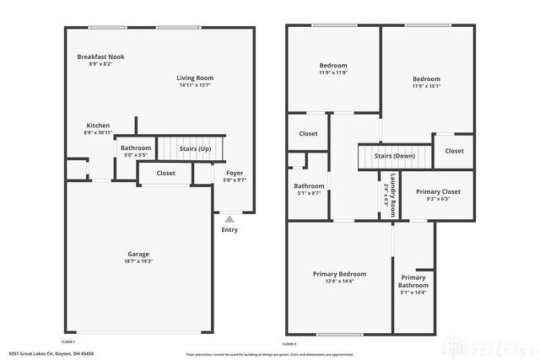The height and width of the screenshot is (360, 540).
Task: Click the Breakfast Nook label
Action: coord(94,57)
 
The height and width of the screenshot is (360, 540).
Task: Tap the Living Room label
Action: coord(195,78)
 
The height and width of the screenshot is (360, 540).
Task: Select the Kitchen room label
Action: coord(98,126)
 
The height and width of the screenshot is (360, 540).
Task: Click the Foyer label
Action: coord(234,173)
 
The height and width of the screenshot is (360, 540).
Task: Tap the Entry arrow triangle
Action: coord(229,219)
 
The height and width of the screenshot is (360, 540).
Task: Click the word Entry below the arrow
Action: coord(229,229)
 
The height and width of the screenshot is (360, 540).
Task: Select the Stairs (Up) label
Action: coord(195,149)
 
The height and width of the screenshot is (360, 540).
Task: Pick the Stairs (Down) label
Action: coord(394,156)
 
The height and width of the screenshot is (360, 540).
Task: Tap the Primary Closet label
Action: coord(438,191)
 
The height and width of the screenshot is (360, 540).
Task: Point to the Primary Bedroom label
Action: coord(339,274)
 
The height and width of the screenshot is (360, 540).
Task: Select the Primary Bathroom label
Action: coord(413,282)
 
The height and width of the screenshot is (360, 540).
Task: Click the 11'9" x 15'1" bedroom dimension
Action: coord(426,86)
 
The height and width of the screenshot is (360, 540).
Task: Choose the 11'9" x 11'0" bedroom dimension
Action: coord(332,73)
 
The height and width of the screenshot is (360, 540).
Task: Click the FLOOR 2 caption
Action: coord(289,344)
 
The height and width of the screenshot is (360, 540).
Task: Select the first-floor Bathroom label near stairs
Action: coord(136,148)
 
